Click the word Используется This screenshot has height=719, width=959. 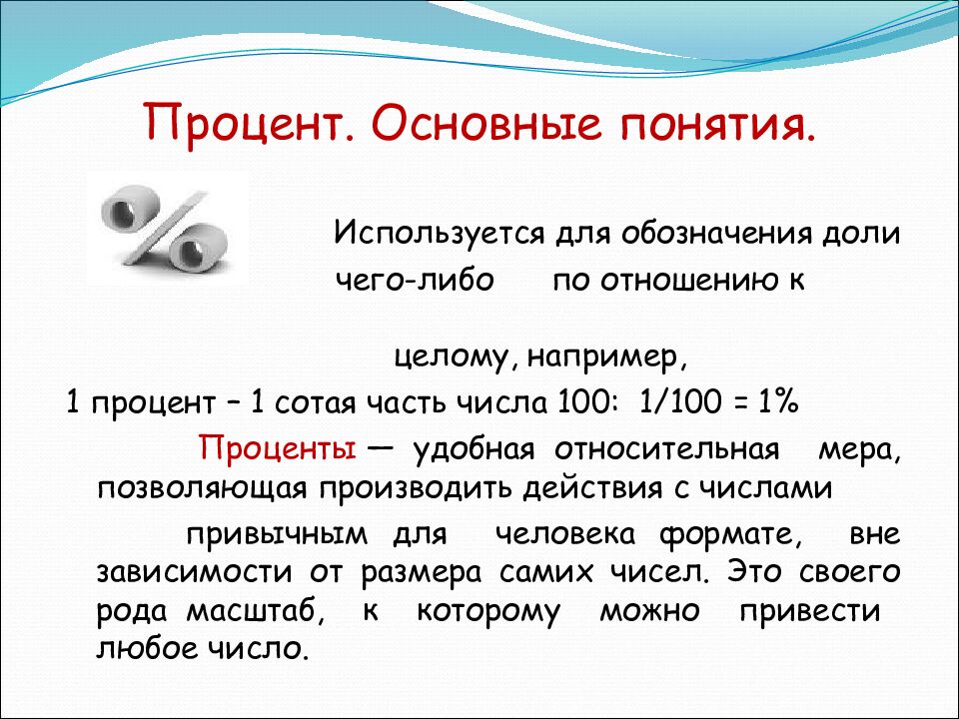point(439,234)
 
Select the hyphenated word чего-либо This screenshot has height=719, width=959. point(415,281)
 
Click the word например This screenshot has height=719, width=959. point(603,358)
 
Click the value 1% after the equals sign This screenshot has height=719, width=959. point(778,401)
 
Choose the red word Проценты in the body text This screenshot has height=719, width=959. point(277,449)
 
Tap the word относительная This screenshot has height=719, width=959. point(667,449)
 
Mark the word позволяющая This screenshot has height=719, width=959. point(201,489)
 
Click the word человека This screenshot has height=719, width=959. point(565,534)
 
